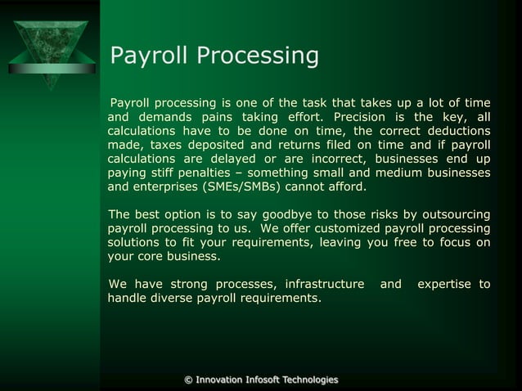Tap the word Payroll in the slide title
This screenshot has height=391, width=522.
[x=146, y=56]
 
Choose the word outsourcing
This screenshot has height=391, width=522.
[x=451, y=214]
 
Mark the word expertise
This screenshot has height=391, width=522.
[x=445, y=284]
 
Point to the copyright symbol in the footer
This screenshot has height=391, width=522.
[x=189, y=380]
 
